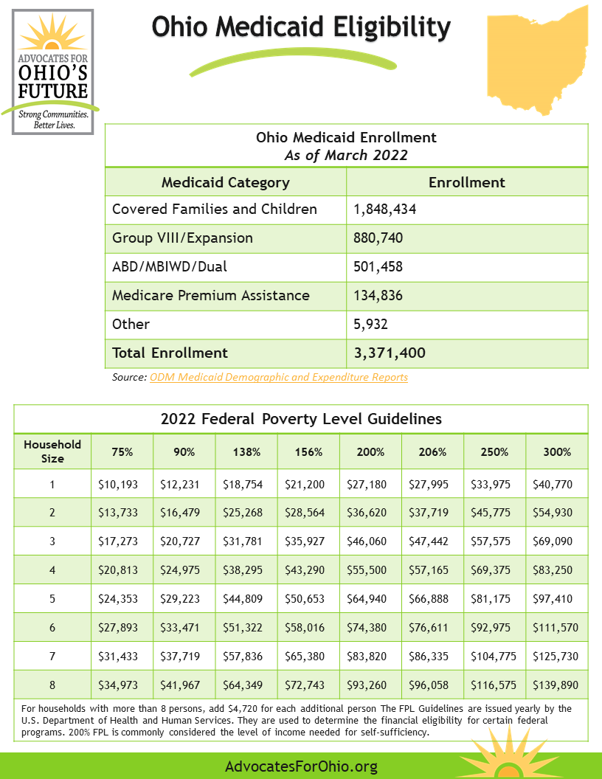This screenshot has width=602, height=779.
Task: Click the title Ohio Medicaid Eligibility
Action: pyautogui.click(x=301, y=27)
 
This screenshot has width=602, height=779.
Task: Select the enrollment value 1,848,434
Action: pyautogui.click(x=385, y=210)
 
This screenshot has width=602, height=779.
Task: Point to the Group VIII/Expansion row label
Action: pyautogui.click(x=182, y=238)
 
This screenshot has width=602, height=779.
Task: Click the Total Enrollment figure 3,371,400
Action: pyautogui.click(x=390, y=353)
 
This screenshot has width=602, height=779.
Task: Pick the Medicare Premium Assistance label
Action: pyautogui.click(x=211, y=296)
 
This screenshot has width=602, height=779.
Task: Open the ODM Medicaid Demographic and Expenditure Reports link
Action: pyautogui.click(x=278, y=378)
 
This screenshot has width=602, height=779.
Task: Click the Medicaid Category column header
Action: pyautogui.click(x=225, y=183)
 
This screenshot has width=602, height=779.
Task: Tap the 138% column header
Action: pyautogui.click(x=246, y=452)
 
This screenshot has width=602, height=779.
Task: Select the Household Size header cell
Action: pyautogui.click(x=52, y=452)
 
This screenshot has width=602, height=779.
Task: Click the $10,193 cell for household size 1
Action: pyautogui.click(x=117, y=485)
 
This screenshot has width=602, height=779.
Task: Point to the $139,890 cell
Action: pyautogui.click(x=556, y=685)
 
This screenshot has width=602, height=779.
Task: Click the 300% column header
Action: pyautogui.click(x=557, y=452)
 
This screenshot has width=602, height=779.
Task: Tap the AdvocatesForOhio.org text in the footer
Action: pyautogui.click(x=301, y=766)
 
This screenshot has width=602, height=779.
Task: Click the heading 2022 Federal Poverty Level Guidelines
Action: pyautogui.click(x=301, y=419)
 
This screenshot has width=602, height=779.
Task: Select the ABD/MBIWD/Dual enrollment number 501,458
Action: pyautogui.click(x=378, y=267)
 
